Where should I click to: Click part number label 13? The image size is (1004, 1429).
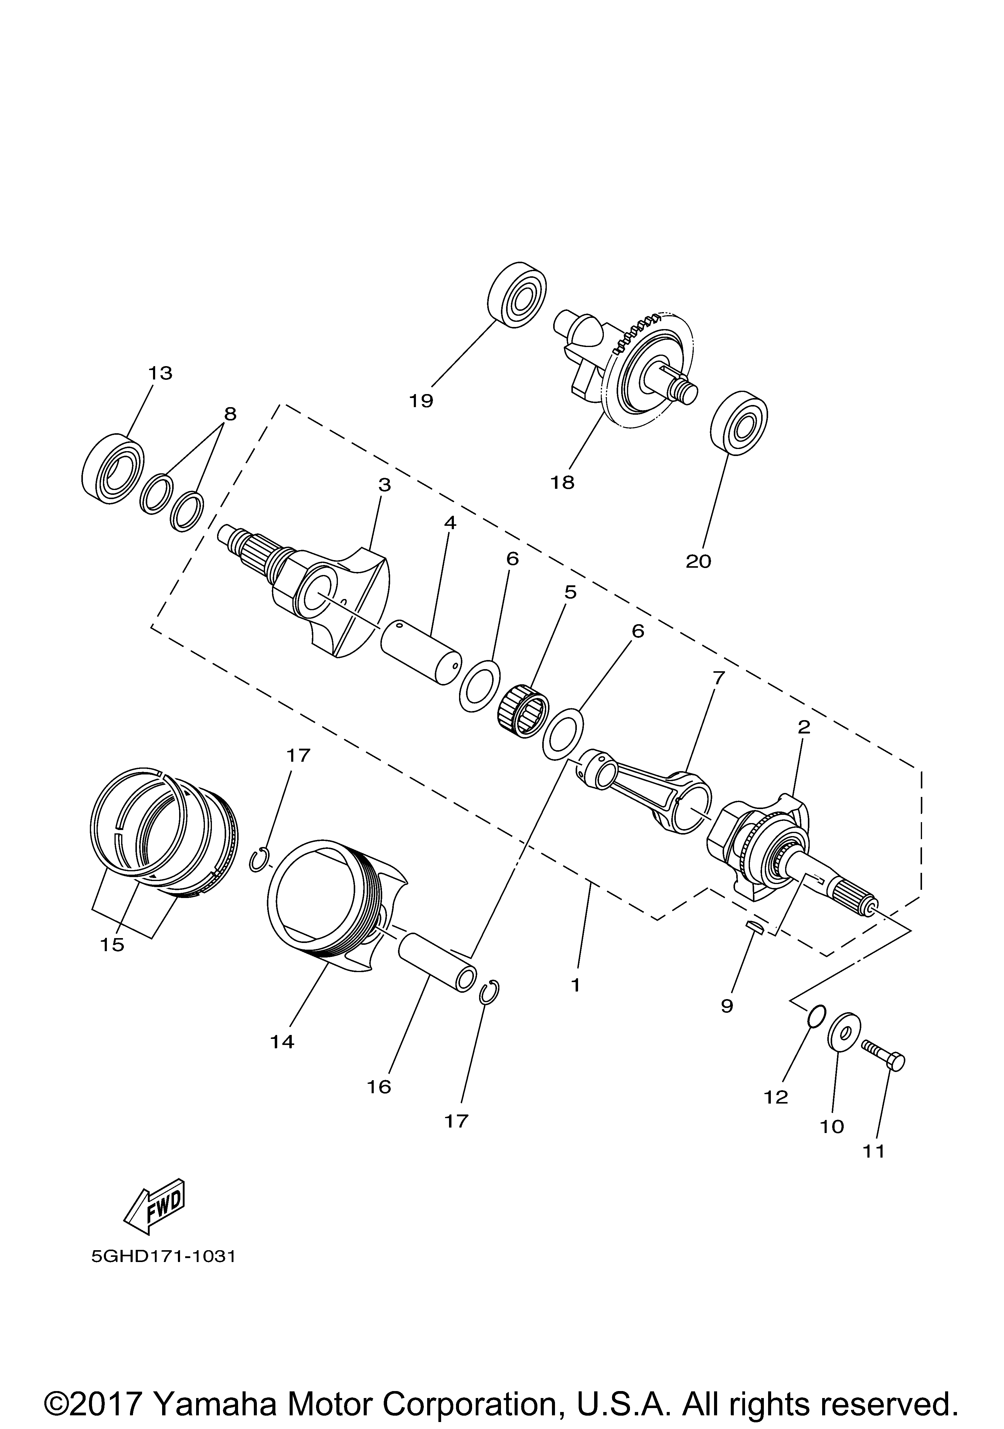point(160,373)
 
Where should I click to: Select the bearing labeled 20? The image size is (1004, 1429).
point(739,423)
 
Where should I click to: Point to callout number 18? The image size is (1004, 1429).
point(563,482)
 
